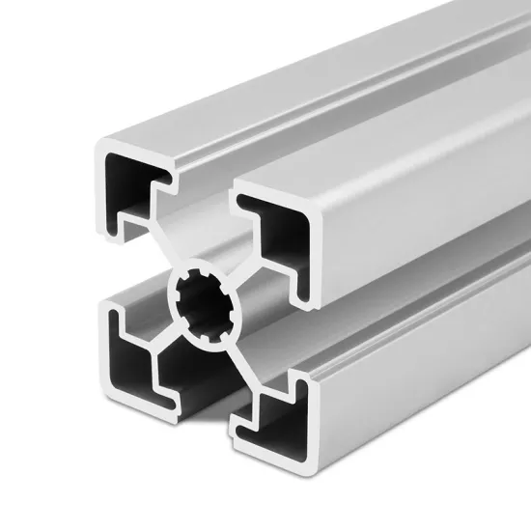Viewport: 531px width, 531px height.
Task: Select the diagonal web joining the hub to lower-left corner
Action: tap(161, 338)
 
